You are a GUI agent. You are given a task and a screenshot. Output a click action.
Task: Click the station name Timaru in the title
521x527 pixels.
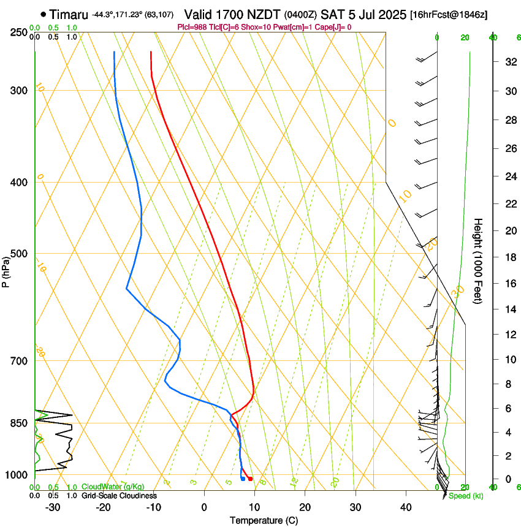69,14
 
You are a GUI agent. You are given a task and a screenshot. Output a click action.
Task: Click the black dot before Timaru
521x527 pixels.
43,14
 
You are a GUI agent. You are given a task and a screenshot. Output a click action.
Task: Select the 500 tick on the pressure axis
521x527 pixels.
18,254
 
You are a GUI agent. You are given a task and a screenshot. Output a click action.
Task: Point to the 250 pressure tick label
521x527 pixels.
18,32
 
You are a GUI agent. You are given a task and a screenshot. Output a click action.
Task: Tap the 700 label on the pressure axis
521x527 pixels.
18,361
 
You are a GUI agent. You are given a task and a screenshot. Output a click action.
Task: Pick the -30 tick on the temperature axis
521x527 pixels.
53,507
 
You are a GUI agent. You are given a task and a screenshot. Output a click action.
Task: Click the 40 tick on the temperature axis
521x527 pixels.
406,507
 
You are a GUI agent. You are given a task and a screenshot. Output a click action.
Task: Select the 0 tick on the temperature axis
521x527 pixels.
204,507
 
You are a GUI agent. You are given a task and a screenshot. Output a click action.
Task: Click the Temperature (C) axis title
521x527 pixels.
264,520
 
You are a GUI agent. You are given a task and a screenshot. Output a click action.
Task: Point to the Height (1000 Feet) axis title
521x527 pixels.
479,261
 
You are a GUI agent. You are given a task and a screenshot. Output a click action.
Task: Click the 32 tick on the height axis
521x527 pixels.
509,61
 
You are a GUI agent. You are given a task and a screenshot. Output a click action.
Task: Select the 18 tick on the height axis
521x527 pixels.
509,257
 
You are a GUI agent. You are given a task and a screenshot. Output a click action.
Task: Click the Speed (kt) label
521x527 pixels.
466,496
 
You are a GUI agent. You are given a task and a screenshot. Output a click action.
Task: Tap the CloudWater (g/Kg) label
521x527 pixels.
113,487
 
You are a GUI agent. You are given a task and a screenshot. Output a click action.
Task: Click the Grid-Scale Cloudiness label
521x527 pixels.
119,496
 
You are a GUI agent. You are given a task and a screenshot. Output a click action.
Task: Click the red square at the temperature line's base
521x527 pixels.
250,479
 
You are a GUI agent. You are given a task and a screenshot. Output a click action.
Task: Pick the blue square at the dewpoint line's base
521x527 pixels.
243,479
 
